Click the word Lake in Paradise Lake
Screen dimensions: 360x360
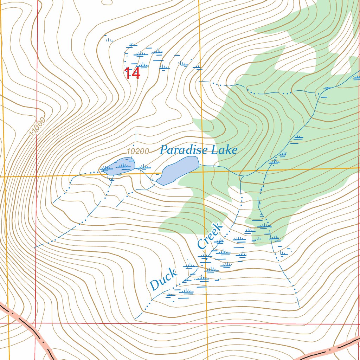click(x=224, y=150)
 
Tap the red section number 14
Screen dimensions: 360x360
click(x=132, y=73)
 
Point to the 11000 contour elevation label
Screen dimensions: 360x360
click(x=38, y=128)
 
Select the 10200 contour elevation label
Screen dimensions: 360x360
click(x=138, y=152)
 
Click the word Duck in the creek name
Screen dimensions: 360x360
click(x=163, y=279)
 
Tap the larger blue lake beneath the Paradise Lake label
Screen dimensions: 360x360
click(x=179, y=169)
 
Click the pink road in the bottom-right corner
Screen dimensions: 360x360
click(x=330, y=350)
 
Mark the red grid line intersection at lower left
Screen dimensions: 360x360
click(x=36, y=323)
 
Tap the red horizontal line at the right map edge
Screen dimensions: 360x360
click(x=355, y=324)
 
